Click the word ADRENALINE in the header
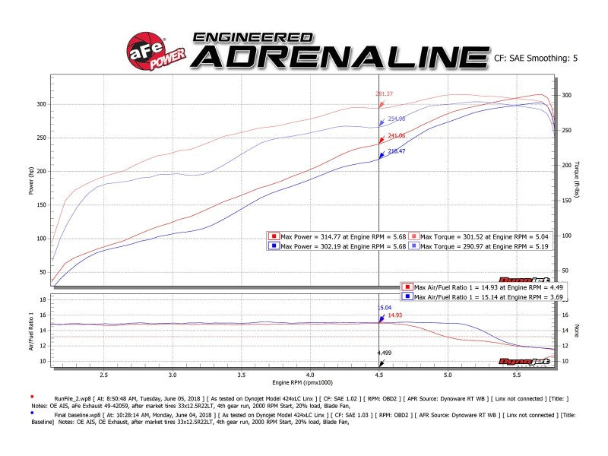tap(339, 56)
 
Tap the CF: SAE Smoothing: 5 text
tap(536, 56)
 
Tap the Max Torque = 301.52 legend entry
tap(480, 236)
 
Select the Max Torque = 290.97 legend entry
tap(480, 245)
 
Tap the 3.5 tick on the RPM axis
tap(242, 375)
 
